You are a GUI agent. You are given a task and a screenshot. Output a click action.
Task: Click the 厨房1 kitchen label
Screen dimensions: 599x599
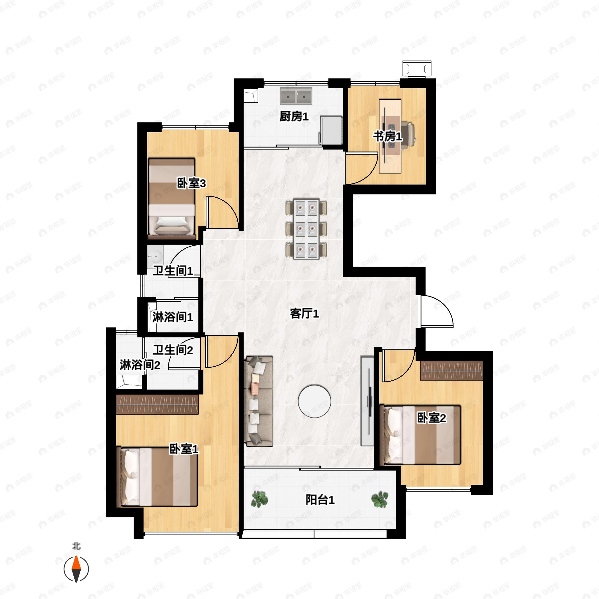tap(294, 117)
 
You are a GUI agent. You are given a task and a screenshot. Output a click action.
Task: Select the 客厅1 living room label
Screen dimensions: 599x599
tap(304, 314)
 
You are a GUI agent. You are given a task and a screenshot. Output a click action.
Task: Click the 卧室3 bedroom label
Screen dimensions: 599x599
tap(191, 183)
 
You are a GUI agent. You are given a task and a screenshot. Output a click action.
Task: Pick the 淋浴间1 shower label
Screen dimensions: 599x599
tap(173, 317)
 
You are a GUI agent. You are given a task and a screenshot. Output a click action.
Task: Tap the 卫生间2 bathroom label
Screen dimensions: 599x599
tap(173, 350)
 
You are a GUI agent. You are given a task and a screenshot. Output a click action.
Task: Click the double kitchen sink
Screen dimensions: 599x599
tap(296, 96)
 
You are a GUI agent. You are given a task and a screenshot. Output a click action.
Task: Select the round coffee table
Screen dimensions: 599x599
tap(314, 401)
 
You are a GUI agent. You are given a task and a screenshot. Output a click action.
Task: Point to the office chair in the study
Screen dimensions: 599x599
tap(408, 134)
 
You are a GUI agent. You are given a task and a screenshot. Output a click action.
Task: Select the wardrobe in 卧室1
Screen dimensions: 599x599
tap(157, 405)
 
